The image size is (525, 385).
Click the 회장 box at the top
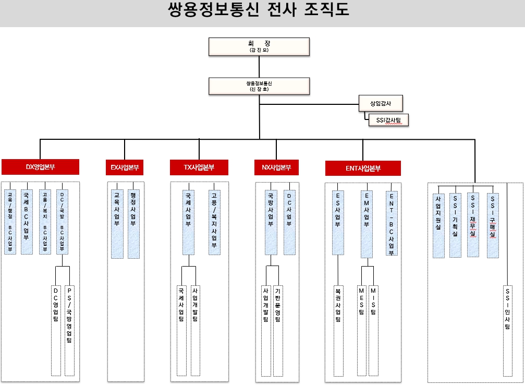259,46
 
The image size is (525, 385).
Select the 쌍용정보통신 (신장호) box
259,86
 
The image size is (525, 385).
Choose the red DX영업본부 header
40,167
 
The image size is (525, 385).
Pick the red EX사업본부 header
124,167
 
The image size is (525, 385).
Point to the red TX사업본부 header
199,167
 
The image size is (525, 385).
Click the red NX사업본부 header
276,167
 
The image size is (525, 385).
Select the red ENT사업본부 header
363,168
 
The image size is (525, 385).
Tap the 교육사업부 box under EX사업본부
117,220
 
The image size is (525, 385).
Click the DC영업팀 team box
56,329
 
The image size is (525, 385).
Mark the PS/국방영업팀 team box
69,329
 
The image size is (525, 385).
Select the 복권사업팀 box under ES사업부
338,329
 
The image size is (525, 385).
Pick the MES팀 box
361,329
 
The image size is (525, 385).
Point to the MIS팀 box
373,329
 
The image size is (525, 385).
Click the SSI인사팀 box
508,329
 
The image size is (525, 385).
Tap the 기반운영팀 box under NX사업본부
277,329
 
